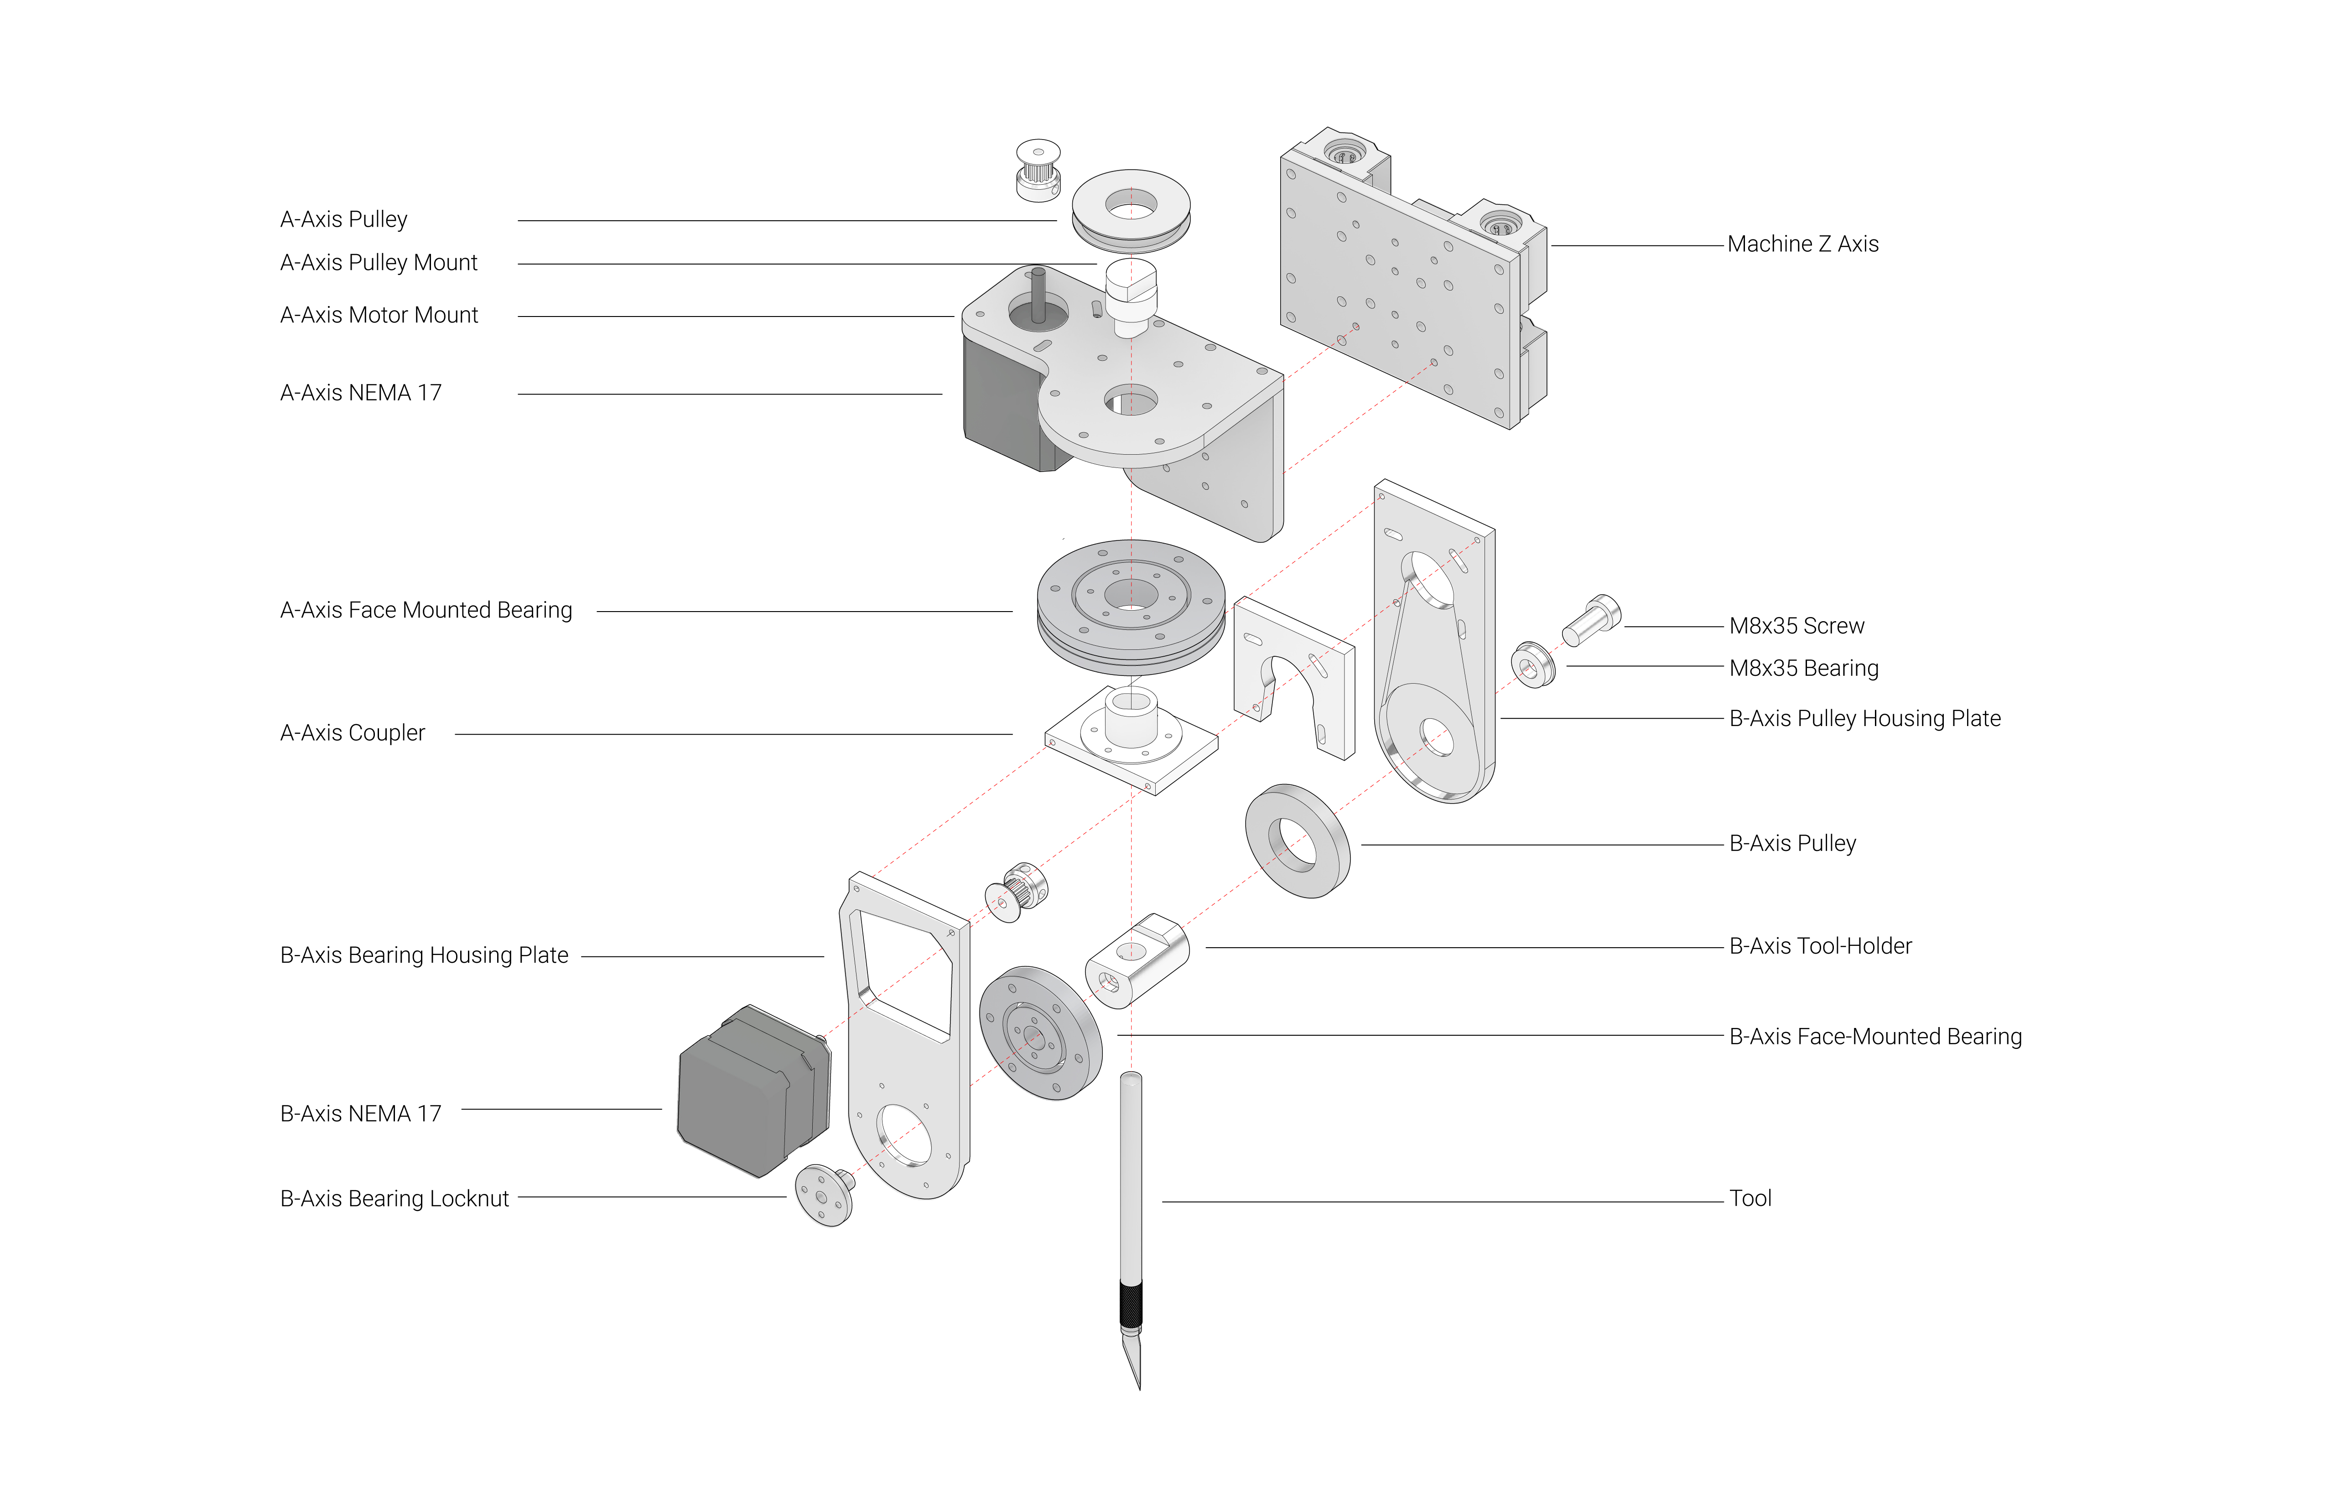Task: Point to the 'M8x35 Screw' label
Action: point(1796,627)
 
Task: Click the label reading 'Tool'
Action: point(1750,1199)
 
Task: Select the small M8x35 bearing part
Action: point(1532,664)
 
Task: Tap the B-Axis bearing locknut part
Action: point(824,1194)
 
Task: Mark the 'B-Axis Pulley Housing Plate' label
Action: point(1864,719)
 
